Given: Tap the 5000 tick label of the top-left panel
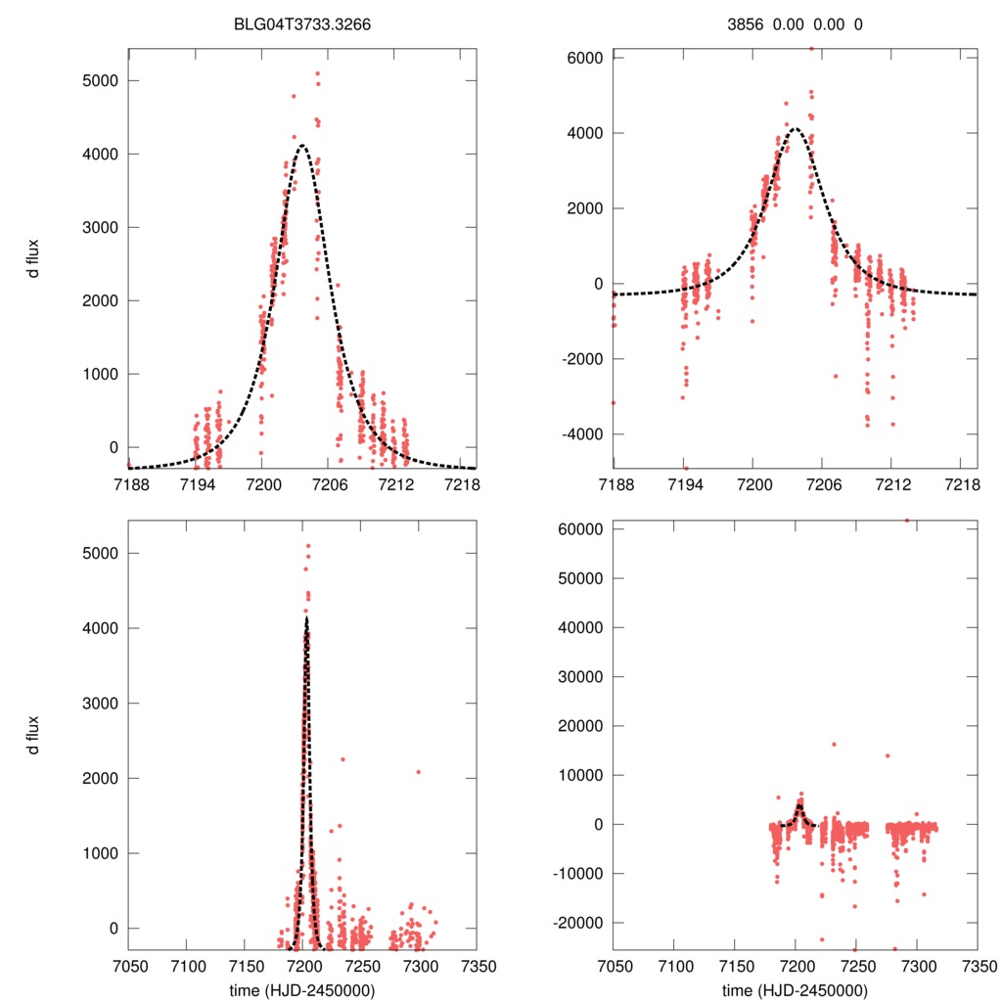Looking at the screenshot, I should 99,80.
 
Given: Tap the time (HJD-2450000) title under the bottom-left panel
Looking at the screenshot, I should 302,990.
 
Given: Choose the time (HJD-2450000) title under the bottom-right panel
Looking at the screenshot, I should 796,990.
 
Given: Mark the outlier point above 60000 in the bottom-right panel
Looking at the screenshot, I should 906,521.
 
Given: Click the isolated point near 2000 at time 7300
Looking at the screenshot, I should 419,772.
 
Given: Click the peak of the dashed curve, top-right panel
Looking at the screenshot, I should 796,128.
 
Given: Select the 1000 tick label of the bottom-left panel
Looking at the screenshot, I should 99,853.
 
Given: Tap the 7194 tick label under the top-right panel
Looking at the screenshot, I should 683,485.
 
